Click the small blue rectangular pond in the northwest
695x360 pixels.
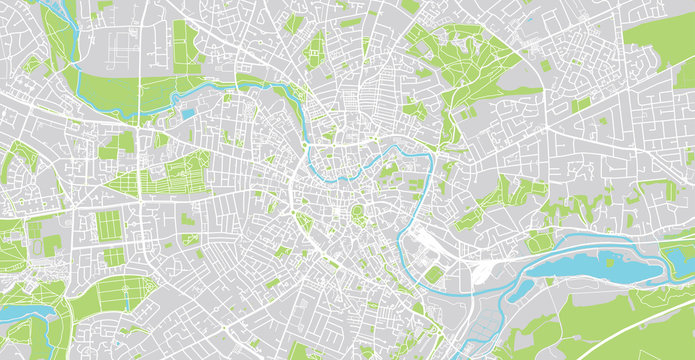pyautogui.click(x=188, y=113)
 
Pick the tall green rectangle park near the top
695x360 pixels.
pyautogui.click(x=185, y=45)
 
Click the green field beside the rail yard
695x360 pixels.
pyautogui.click(x=433, y=273)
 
